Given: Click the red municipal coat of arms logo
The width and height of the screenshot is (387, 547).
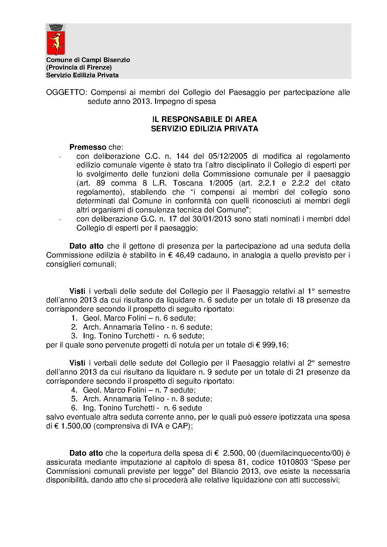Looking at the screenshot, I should coord(56,40).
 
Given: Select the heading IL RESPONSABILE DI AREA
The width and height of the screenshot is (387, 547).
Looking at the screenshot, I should coord(204,119).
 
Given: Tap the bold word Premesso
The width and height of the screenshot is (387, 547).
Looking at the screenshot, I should coord(88,147).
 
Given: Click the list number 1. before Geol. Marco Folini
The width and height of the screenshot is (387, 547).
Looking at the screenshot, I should coord(74,318).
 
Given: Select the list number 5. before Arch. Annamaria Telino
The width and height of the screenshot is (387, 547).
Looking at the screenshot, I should coord(74,399).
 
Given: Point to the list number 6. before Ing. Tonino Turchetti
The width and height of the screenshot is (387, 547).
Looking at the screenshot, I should coord(74,408).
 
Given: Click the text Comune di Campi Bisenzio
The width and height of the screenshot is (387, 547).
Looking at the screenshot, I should coord(88,60).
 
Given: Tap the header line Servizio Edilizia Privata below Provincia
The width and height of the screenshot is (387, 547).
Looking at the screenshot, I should coord(82,75).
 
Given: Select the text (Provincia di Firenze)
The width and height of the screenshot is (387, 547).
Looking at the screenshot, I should coord(79,67).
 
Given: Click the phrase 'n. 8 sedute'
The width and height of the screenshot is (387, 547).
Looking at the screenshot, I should coord(193,399).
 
